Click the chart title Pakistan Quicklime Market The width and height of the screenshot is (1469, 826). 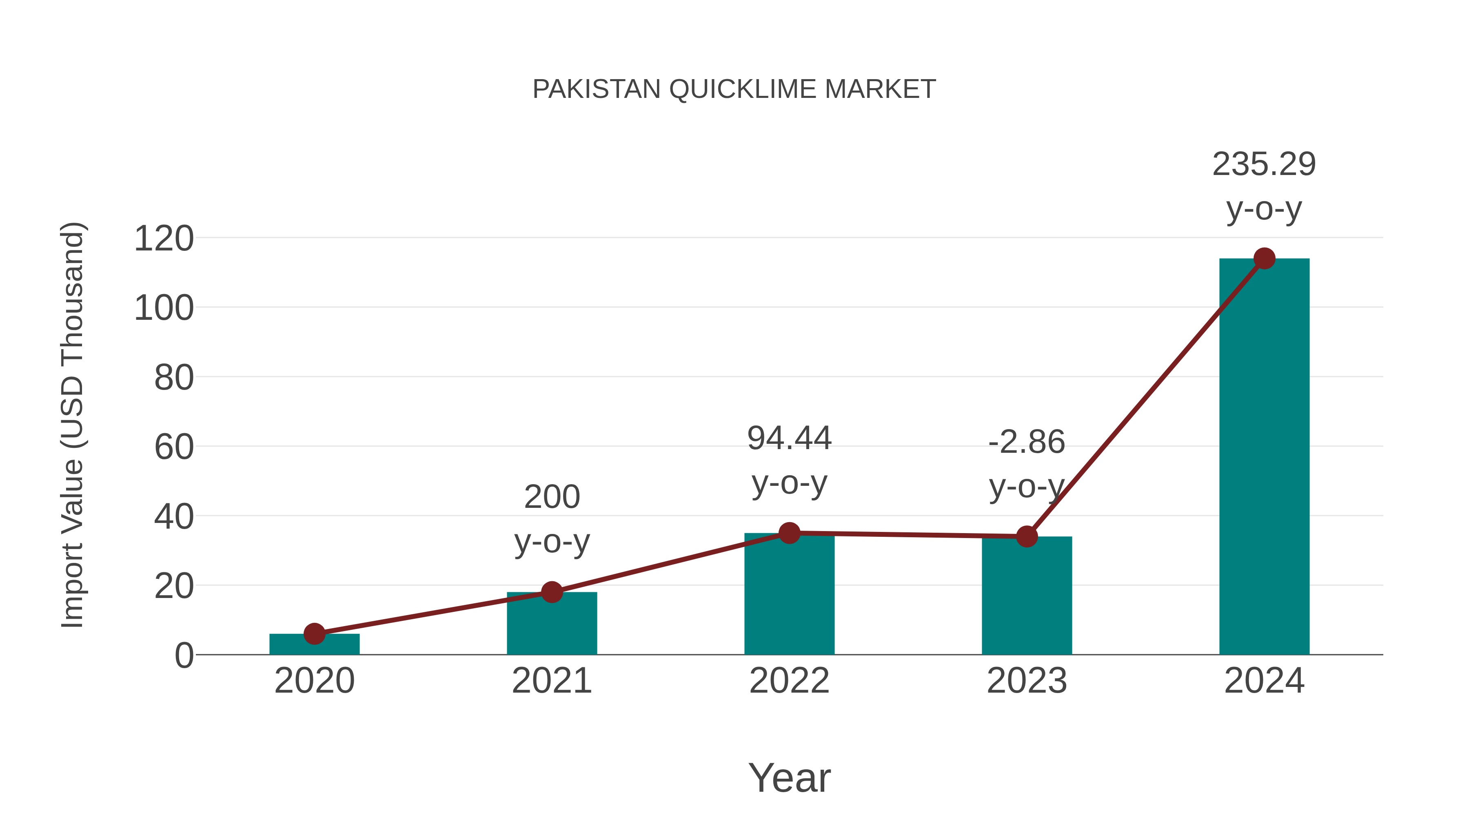tap(734, 89)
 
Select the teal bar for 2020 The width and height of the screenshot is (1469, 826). tap(314, 645)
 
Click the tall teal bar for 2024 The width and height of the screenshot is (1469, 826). tap(1264, 456)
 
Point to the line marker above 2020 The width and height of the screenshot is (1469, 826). tap(314, 633)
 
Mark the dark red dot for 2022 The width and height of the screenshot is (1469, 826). tap(789, 533)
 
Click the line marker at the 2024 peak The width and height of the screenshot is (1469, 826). tap(1264, 258)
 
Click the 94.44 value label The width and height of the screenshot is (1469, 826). tap(789, 439)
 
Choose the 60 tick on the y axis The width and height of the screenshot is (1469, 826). tap(174, 447)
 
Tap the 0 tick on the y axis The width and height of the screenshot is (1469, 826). tap(184, 655)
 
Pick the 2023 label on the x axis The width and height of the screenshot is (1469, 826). tap(1027, 681)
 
